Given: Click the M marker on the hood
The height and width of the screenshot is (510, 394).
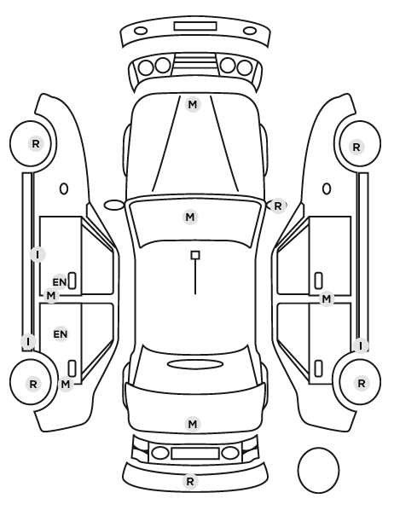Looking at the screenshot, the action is [x=192, y=105].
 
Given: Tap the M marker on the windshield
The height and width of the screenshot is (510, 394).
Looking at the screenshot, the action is [x=190, y=217].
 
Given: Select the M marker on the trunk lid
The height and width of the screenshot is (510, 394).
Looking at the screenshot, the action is [x=192, y=424].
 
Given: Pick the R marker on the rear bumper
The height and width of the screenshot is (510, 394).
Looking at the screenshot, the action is [x=190, y=481].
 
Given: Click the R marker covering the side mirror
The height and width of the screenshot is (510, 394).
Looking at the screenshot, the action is [x=277, y=206].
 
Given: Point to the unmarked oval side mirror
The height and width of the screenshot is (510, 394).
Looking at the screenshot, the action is [x=114, y=206].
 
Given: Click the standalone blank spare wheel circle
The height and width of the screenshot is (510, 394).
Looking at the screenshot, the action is [x=318, y=470].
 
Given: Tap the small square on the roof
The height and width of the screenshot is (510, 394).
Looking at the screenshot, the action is [x=195, y=255].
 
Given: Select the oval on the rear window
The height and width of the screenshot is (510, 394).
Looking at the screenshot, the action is [x=195, y=365].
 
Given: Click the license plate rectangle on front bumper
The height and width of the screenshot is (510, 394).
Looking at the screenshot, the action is [x=195, y=26].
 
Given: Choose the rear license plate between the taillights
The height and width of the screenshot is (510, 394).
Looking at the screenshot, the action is [x=195, y=453].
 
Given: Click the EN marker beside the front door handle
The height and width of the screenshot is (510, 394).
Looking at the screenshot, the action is [x=60, y=282].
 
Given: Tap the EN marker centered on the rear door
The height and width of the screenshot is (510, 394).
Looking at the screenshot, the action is [x=61, y=334].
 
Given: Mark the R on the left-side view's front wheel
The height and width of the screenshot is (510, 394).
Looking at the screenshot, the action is [x=36, y=144].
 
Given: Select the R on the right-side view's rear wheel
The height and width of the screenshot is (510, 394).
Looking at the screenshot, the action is [x=361, y=384].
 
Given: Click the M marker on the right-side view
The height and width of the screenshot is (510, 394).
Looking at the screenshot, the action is [x=327, y=298].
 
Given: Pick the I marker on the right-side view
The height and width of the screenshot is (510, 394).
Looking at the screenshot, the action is [x=361, y=345].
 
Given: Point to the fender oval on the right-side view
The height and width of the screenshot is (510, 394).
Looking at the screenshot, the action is [x=327, y=188].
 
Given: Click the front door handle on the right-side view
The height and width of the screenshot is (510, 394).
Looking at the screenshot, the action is [x=319, y=281].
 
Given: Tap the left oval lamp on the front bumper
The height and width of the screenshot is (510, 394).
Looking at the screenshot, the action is [x=141, y=32].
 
